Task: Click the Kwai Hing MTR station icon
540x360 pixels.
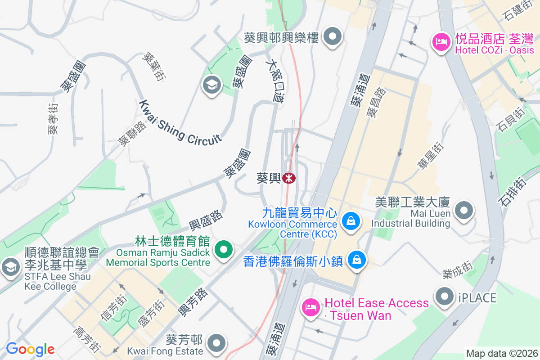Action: click(289, 179)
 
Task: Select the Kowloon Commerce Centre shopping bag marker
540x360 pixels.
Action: click(350, 220)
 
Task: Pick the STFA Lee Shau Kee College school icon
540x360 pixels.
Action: click(9, 268)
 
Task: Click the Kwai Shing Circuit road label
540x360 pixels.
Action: click(180, 121)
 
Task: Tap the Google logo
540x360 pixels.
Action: click(30, 349)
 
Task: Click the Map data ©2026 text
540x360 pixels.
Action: click(501, 353)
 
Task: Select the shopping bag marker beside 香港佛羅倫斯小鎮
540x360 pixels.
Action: click(356, 260)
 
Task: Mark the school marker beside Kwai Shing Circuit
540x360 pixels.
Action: click(211, 85)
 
